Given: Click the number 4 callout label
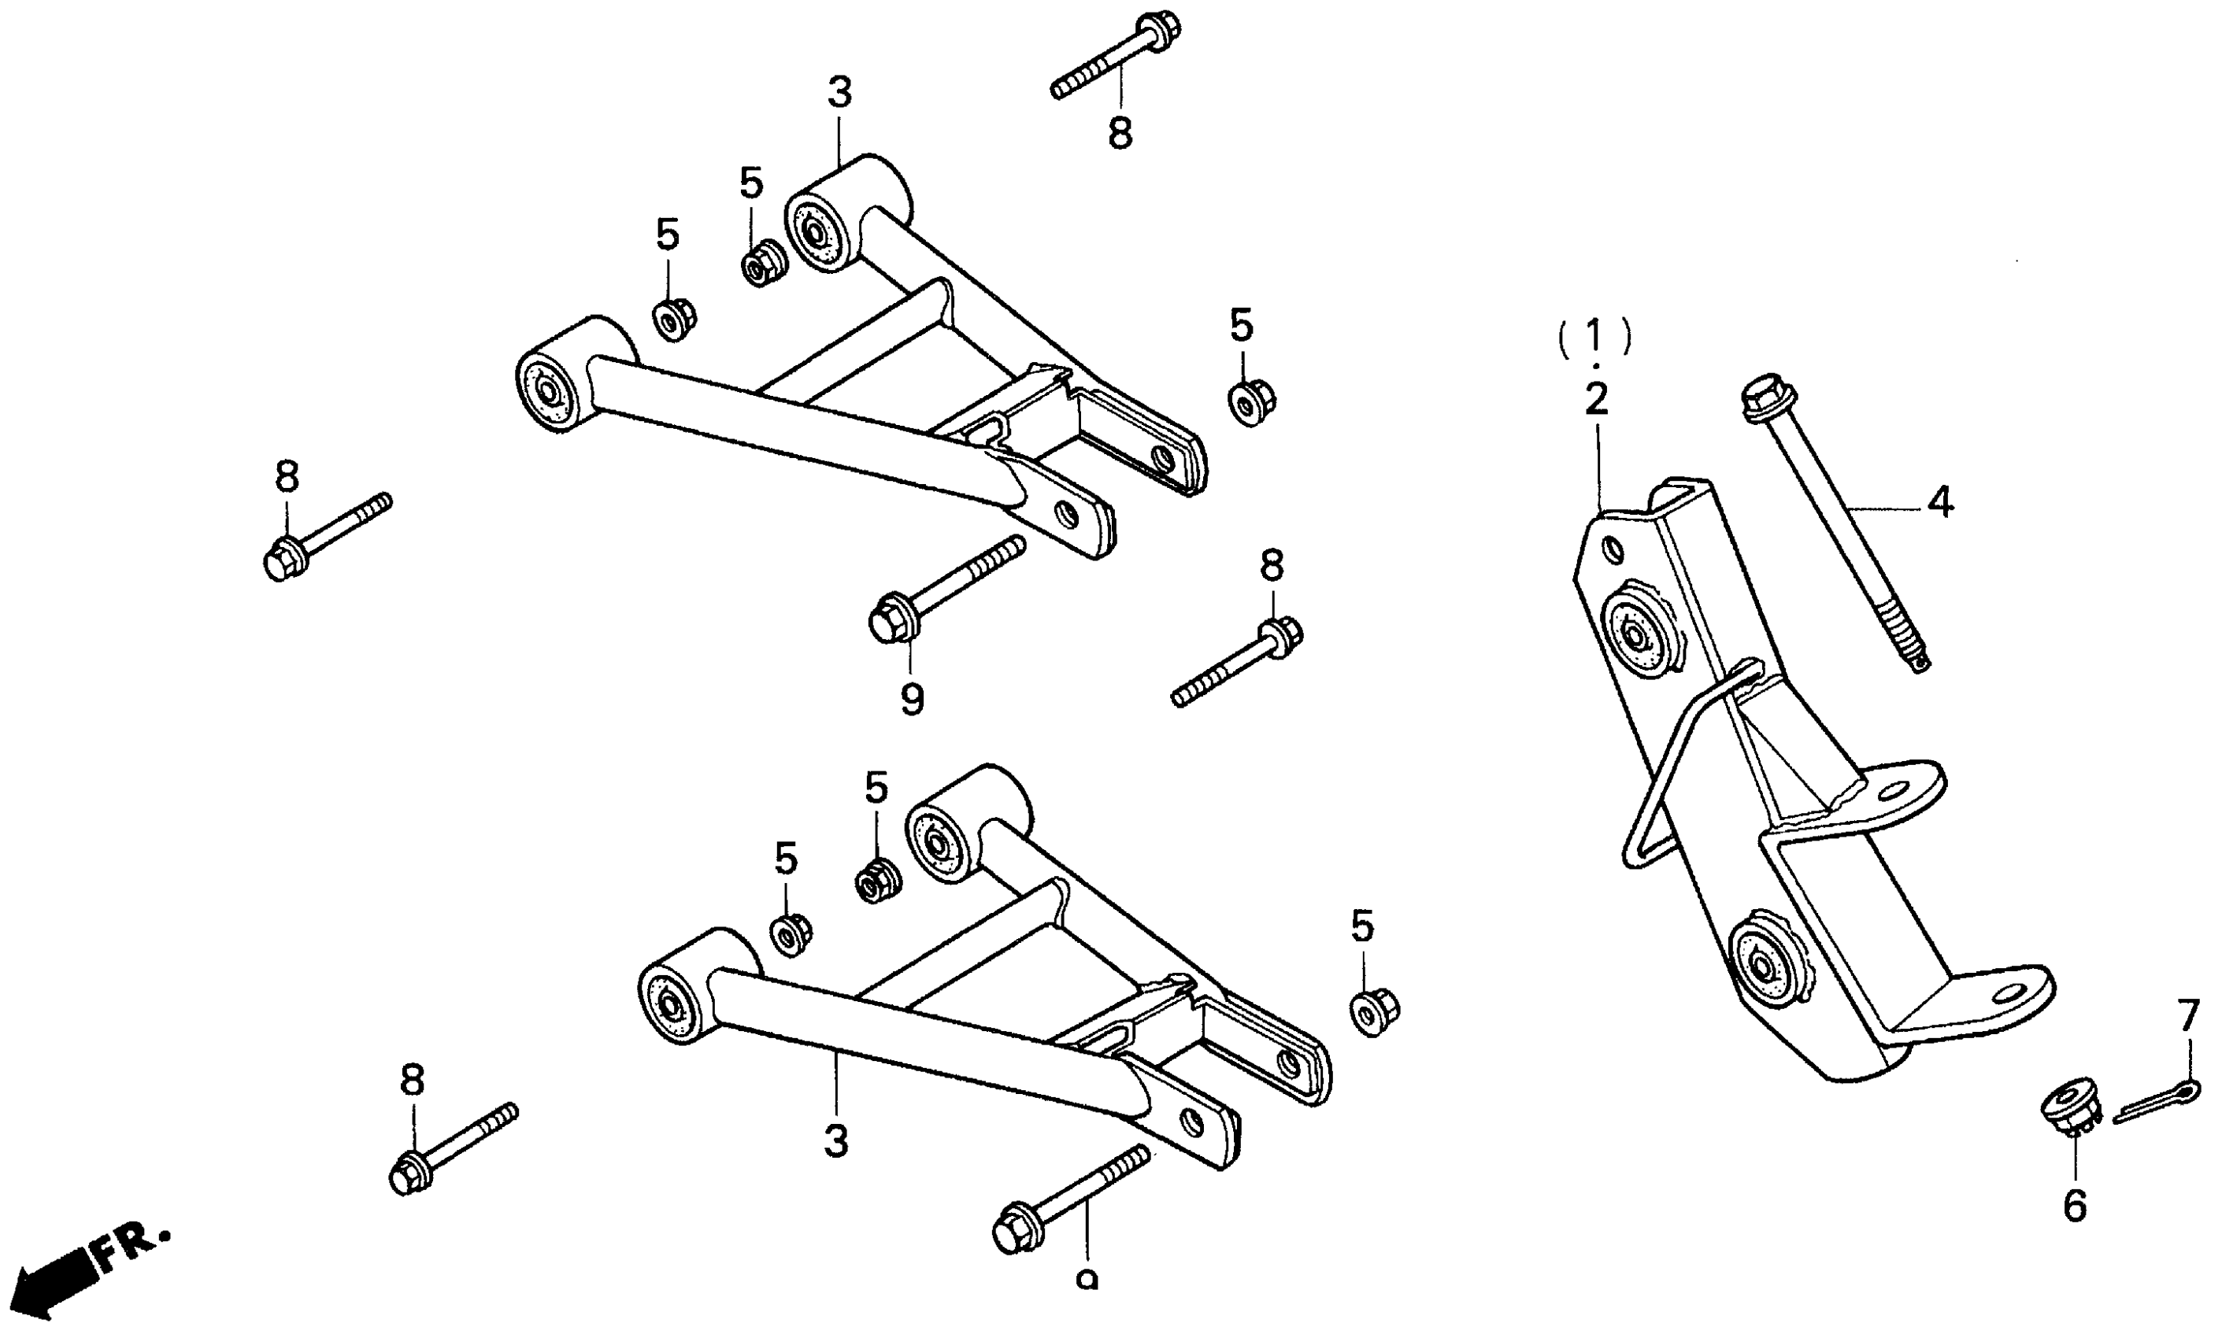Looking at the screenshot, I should pyautogui.click(x=1940, y=503).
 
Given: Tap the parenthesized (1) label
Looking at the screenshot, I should pyautogui.click(x=1595, y=336).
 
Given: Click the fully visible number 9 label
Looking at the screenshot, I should pyautogui.click(x=912, y=698).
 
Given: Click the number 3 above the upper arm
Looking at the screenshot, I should pyautogui.click(x=839, y=94).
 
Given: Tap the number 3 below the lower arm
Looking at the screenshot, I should pyautogui.click(x=836, y=1141).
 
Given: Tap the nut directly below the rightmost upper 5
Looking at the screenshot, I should pyautogui.click(x=1252, y=404).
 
